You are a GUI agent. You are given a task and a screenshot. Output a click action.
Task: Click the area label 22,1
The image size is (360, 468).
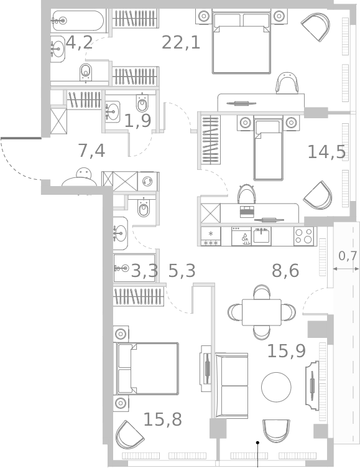click(181, 42)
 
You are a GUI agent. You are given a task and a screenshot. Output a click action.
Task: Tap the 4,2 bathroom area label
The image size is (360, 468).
click(79, 42)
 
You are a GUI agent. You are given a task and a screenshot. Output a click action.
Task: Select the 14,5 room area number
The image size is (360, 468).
click(326, 152)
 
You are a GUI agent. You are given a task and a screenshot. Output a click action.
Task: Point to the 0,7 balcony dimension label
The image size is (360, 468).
click(348, 256)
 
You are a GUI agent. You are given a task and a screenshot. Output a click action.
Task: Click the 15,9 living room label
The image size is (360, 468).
click(287, 351)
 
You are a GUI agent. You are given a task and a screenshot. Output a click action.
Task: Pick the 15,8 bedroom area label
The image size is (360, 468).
click(162, 419)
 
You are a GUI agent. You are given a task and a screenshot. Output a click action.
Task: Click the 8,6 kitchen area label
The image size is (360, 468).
click(285, 271)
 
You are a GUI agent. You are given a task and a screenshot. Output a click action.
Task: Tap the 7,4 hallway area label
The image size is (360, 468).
click(91, 151)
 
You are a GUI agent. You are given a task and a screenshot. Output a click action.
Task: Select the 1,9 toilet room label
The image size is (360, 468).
click(137, 121)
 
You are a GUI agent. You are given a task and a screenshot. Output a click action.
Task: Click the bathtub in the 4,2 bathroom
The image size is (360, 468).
click(78, 21)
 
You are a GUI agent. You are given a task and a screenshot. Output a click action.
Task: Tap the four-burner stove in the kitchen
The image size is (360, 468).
click(303, 236)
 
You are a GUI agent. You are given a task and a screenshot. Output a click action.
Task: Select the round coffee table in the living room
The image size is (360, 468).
click(276, 387)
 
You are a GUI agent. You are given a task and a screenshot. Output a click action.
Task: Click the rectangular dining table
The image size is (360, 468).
click(262, 312)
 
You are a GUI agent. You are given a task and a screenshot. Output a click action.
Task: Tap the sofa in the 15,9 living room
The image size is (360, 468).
click(231, 386)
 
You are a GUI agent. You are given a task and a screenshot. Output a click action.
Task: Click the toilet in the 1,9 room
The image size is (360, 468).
click(142, 103)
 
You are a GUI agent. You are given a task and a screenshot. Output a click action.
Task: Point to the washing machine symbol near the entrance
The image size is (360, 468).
click(147, 181)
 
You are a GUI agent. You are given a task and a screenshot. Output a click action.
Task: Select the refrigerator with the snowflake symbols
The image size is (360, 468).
click(211, 236)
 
